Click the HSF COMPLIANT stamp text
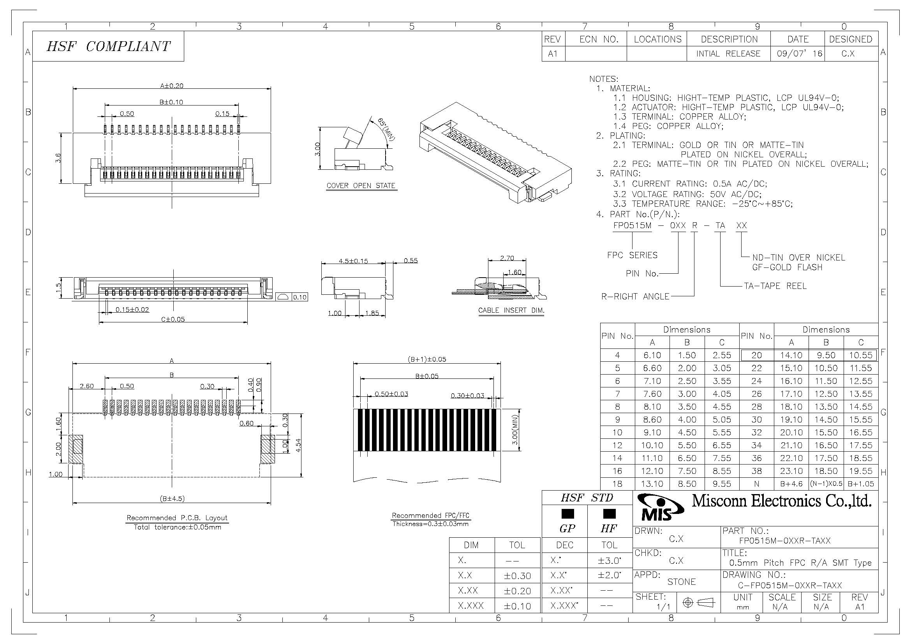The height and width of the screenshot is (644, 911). [x=108, y=46]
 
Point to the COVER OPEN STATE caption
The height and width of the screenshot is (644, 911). [x=361, y=186]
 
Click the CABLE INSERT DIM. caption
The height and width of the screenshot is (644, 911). [x=511, y=310]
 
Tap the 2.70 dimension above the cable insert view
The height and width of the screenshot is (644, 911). [x=507, y=258]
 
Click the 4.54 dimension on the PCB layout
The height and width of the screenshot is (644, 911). [x=298, y=445]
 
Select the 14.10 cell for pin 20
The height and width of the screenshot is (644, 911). [x=791, y=355]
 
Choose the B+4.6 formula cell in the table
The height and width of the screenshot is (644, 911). [x=791, y=484]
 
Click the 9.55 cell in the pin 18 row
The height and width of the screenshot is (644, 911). [x=721, y=484]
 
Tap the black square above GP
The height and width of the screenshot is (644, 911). [x=567, y=514]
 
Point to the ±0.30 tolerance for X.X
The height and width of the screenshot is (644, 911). [x=517, y=576]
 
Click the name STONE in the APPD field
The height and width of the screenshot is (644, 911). [x=681, y=582]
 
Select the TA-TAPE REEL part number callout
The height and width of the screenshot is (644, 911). [x=775, y=286]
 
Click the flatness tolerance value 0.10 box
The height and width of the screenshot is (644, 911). [x=300, y=297]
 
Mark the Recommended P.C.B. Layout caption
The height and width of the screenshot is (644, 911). [x=177, y=518]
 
